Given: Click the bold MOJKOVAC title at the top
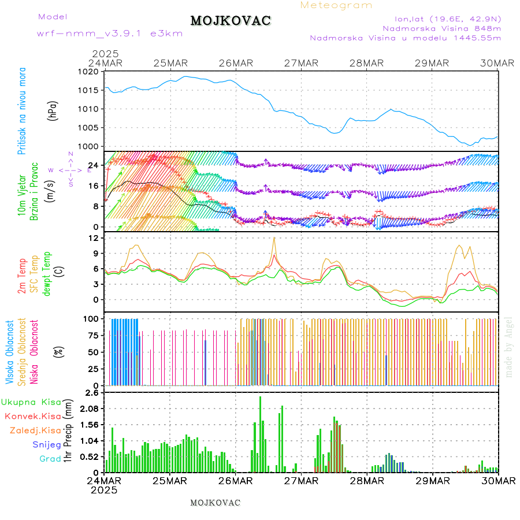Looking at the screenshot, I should click(231, 21).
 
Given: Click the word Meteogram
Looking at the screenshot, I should click(336, 5).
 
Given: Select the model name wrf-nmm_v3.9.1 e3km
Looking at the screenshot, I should click(110, 34).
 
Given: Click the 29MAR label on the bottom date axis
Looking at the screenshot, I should click(433, 480).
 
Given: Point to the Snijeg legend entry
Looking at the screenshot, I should click(47, 444).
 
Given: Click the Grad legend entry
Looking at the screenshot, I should click(50, 459).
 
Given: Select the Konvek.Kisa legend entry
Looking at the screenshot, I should click(32, 416).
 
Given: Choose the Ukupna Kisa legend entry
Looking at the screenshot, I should click(31, 402).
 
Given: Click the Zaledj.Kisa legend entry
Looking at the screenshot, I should click(35, 430).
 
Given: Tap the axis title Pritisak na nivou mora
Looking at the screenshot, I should click(22, 110).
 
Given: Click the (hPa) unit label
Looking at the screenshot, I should click(53, 110).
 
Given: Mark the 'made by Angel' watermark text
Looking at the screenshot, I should click(509, 347).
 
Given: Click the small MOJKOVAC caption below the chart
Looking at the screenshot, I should click(215, 503).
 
